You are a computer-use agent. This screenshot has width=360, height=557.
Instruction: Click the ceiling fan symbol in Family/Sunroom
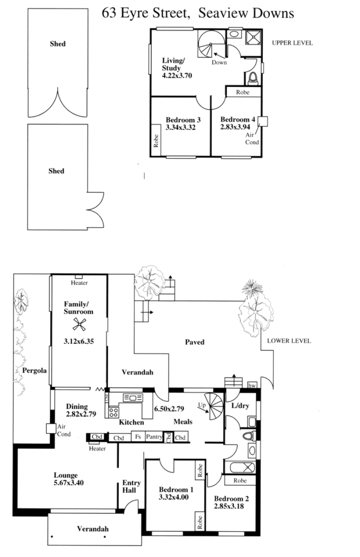[79, 324]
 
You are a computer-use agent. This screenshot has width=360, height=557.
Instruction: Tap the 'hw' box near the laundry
[252, 386]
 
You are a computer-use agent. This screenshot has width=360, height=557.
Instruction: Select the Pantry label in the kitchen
[154, 436]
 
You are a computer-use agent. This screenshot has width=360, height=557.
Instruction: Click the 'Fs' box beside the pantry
[138, 436]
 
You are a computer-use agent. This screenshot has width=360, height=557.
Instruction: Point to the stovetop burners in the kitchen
[114, 412]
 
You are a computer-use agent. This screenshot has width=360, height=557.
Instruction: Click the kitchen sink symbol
[133, 398]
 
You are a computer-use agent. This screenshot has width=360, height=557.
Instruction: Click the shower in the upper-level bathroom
[253, 37]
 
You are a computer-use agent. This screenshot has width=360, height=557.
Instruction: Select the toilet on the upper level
[253, 77]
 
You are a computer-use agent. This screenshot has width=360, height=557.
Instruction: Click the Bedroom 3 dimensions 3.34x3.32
[180, 128]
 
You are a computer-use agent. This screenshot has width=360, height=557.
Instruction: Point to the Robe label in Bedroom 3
[156, 141]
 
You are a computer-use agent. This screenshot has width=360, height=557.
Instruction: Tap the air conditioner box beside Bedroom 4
[263, 121]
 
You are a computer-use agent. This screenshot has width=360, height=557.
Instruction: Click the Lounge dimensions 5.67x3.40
[69, 483]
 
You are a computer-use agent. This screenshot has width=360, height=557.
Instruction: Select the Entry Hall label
[131, 486]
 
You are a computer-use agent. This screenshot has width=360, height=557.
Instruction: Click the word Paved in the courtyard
[194, 342]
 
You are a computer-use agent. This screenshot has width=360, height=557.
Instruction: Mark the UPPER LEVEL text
[292, 43]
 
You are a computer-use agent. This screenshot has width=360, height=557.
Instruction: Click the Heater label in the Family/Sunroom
[79, 283]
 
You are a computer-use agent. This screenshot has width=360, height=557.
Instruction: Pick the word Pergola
[34, 371]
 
